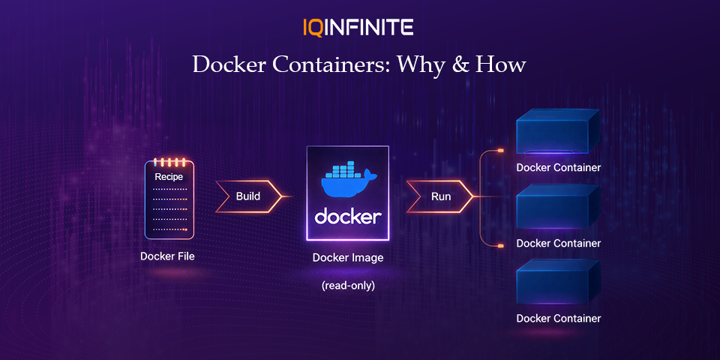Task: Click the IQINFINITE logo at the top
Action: click(x=358, y=28)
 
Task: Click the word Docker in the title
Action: click(x=229, y=64)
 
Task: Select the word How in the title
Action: click(x=503, y=64)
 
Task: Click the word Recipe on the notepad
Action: click(x=169, y=177)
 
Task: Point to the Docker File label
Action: click(x=167, y=256)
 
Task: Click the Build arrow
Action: click(x=248, y=196)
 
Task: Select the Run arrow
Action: click(x=440, y=196)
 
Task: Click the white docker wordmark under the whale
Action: click(x=348, y=217)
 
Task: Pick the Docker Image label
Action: click(x=348, y=258)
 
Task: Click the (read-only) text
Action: click(x=348, y=286)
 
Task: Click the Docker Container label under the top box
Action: click(x=559, y=167)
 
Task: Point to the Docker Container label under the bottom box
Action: click(x=559, y=318)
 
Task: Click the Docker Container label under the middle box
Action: click(x=559, y=243)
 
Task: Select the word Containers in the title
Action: click(x=331, y=64)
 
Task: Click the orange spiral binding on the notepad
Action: click(x=168, y=161)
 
